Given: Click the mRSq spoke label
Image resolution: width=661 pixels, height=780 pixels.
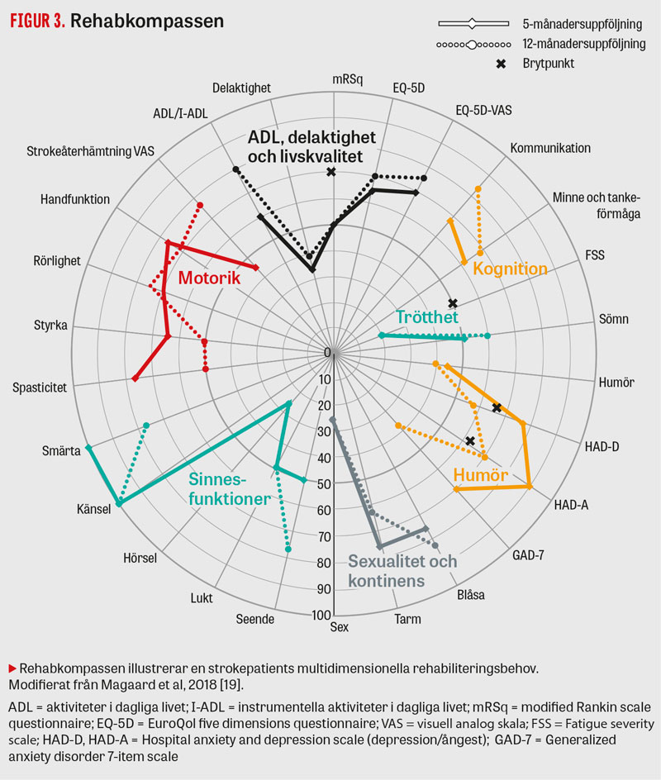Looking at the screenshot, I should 347,79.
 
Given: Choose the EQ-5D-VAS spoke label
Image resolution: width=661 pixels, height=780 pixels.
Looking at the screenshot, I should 487,109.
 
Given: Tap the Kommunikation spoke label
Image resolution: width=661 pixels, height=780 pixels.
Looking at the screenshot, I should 550,148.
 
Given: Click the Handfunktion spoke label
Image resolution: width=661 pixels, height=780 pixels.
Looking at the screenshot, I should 75,198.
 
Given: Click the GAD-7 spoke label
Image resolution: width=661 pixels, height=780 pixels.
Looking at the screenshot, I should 528,554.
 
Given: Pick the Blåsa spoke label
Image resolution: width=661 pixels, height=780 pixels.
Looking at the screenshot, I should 470,595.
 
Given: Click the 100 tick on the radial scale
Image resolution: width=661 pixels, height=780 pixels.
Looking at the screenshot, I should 321,615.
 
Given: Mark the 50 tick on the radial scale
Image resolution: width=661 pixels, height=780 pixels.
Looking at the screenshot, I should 323,484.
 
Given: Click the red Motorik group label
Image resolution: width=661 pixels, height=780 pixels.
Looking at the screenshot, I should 209,278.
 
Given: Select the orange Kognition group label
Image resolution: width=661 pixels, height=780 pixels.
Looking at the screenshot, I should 510,269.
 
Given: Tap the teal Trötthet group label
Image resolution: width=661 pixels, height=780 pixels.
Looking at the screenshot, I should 426,316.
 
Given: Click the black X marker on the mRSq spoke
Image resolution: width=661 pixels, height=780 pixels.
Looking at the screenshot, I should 331,171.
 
